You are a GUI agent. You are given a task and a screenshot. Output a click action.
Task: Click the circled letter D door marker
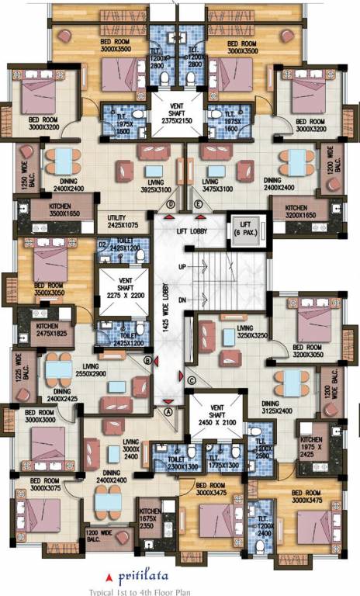[x=170, y=204]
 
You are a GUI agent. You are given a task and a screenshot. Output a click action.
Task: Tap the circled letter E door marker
[x=199, y=204]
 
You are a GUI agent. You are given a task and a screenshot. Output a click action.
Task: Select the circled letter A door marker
[x=167, y=413]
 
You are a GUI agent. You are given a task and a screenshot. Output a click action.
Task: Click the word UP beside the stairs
[x=183, y=266]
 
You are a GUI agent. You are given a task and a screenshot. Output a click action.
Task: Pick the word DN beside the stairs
[x=183, y=300]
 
